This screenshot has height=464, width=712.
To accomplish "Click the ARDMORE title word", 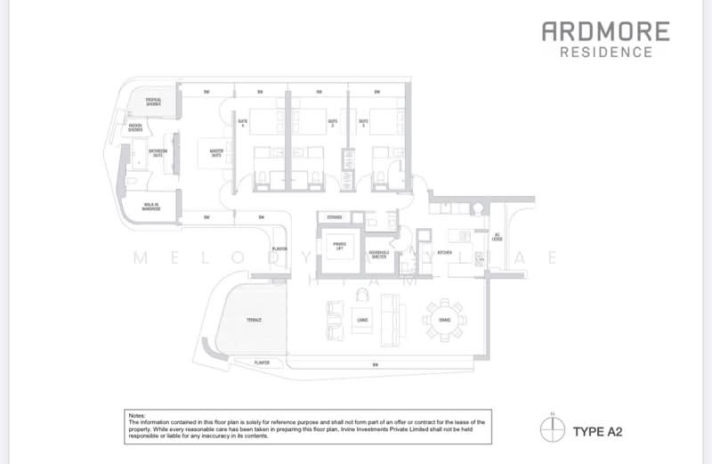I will pyautogui.click(x=605, y=32).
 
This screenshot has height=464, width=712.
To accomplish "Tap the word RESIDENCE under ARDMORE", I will pyautogui.click(x=605, y=52).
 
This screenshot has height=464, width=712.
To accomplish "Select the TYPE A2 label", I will pyautogui.click(x=597, y=432).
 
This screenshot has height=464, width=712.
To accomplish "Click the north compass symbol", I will pyautogui.click(x=553, y=431).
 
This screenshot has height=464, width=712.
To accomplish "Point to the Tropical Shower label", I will pyautogui.click(x=154, y=101).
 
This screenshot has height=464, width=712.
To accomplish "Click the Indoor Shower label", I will pyautogui.click(x=135, y=127).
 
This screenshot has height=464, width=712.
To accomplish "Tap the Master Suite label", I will pyautogui.click(x=216, y=152).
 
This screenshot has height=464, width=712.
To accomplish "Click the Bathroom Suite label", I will pyautogui.click(x=158, y=152).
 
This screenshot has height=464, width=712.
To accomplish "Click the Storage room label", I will pyautogui.click(x=335, y=216).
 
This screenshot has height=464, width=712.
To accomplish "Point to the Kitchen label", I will pyautogui.click(x=446, y=253).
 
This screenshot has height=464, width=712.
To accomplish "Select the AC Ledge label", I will pyautogui.click(x=498, y=236).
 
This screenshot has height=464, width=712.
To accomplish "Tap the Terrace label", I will pyautogui.click(x=255, y=319).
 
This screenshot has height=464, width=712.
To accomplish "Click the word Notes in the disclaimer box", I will pyautogui.click(x=137, y=415).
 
